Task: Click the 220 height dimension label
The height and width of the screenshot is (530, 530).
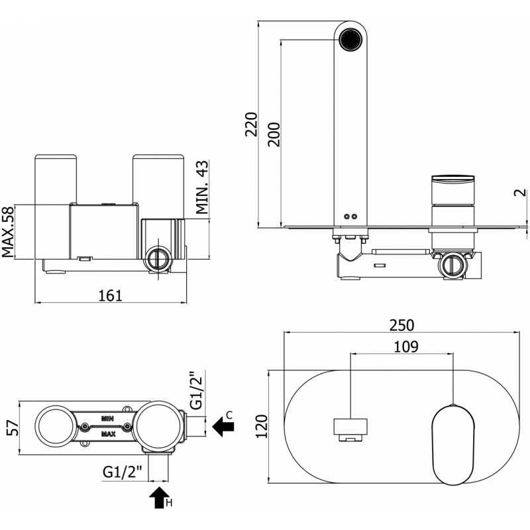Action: tap(251, 124)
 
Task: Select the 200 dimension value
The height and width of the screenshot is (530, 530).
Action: tap(274, 134)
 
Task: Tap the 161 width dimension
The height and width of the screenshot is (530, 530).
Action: tap(110, 295)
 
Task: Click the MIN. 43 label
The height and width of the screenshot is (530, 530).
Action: tap(202, 187)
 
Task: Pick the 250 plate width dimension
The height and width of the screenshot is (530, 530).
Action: tap(401, 325)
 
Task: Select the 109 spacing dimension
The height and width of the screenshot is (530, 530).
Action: tap(406, 346)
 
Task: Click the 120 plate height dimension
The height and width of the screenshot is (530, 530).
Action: tap(262, 426)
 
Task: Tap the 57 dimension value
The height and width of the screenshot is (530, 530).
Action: tap(13, 428)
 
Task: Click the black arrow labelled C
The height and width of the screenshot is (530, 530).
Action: tap(223, 426)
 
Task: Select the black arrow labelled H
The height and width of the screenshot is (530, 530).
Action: tap(160, 498)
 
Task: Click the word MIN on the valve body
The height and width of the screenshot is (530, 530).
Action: tap(107, 419)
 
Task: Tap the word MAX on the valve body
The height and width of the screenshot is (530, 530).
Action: tap(108, 434)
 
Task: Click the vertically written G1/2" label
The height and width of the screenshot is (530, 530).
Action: tap(195, 391)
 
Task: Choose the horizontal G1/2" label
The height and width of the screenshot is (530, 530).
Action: tap(122, 472)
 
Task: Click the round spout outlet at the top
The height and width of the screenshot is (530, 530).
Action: tap(350, 40)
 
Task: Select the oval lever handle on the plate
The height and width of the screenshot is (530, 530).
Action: tap(453, 445)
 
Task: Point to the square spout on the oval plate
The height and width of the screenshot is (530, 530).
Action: tap(350, 427)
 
